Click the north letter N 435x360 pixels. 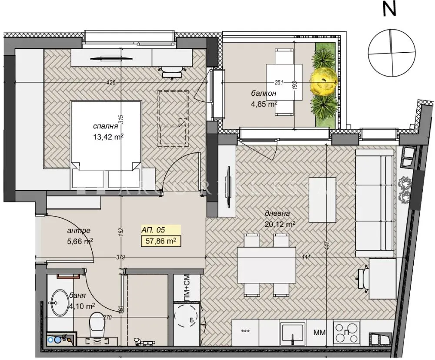(x=389, y=10)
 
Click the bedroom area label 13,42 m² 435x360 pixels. (x=108, y=137)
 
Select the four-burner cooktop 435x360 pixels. (x=346, y=333)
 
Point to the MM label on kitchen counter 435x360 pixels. (x=319, y=333)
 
